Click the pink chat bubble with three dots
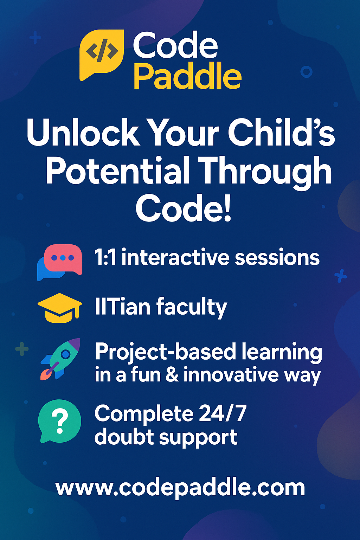(x=63, y=259)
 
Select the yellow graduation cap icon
(x=59, y=308)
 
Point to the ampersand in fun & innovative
(x=172, y=375)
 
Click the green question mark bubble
(x=59, y=421)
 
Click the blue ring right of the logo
(x=306, y=72)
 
